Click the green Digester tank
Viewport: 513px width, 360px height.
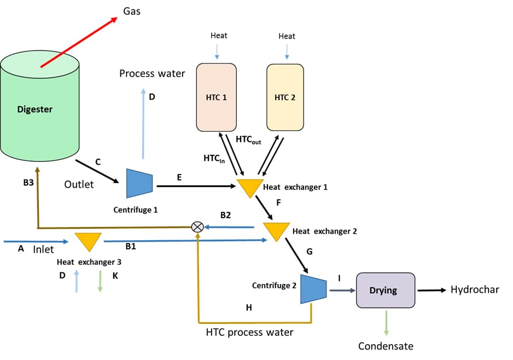(x=41, y=109)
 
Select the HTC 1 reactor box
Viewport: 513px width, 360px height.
(x=216, y=97)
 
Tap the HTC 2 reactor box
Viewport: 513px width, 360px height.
(x=285, y=97)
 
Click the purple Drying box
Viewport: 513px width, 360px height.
(x=385, y=290)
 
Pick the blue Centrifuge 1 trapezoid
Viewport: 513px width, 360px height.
(x=139, y=183)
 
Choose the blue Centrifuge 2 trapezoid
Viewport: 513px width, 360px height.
(x=313, y=288)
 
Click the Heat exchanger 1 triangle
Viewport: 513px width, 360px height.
(x=249, y=187)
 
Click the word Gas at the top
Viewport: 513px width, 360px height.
(x=131, y=11)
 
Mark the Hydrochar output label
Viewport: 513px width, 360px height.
(x=474, y=290)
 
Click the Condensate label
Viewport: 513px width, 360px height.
(x=386, y=346)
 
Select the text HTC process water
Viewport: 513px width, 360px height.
(x=249, y=332)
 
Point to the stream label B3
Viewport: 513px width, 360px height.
(x=28, y=183)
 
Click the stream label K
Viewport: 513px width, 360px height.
(x=115, y=275)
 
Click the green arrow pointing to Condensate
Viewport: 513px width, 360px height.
(x=386, y=323)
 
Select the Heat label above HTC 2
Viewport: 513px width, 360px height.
(x=287, y=36)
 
